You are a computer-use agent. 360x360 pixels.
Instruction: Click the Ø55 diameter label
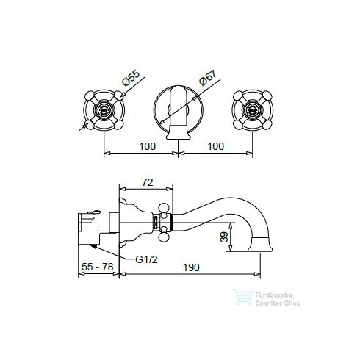coord(131,78)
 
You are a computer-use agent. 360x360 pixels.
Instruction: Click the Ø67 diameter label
coord(208,78)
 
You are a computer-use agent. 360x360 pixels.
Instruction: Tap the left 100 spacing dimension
coord(148,146)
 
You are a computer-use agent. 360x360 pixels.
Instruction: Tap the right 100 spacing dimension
coord(216,146)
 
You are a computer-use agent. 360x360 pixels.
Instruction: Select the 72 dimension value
coord(148,182)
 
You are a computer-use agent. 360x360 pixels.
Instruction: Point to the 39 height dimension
coord(224,237)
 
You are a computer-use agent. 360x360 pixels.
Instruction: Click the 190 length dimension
coord(191,267)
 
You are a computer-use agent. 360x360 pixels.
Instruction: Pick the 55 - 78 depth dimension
coord(98,267)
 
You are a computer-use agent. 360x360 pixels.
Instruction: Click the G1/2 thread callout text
coord(146,259)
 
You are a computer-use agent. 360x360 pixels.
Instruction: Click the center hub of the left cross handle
coord(104,110)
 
